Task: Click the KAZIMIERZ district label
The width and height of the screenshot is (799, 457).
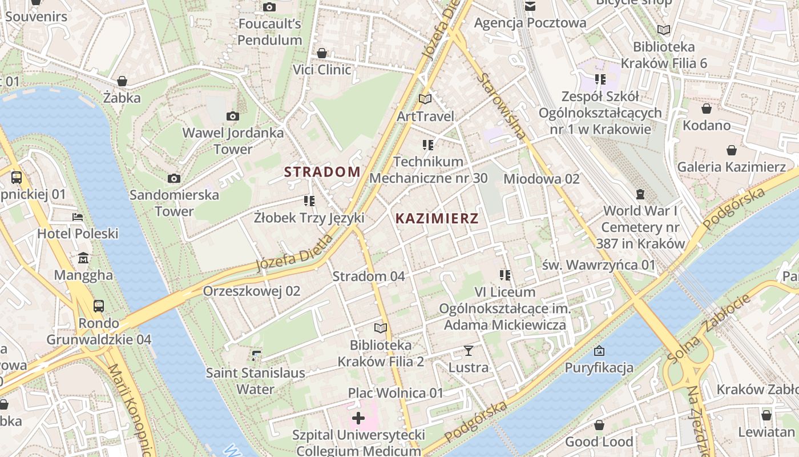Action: click(x=437, y=218)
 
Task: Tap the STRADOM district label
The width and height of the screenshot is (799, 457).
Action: click(x=322, y=171)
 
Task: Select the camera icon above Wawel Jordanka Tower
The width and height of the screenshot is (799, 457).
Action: click(x=232, y=117)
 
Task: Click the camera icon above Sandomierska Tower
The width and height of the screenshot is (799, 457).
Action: click(x=174, y=179)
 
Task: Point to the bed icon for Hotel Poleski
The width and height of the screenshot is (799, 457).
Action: click(x=78, y=217)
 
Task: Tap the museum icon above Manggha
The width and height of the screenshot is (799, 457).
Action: click(x=83, y=258)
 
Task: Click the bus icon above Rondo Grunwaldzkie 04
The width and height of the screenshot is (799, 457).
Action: click(x=99, y=306)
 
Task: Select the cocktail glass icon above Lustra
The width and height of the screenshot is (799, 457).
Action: click(x=469, y=350)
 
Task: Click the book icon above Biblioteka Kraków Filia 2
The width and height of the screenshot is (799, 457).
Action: click(x=380, y=328)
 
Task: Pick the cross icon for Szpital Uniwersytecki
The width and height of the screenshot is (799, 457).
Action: click(x=358, y=419)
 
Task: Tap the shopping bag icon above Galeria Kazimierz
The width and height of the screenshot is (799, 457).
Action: click(x=732, y=150)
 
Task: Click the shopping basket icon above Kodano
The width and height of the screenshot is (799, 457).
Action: click(x=707, y=109)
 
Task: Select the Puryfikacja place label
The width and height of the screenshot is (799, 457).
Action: click(x=599, y=367)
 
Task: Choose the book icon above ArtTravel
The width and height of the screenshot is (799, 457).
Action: click(x=425, y=99)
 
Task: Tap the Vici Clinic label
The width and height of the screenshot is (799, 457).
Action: click(x=322, y=70)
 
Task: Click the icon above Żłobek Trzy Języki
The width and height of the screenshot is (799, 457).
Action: click(x=309, y=201)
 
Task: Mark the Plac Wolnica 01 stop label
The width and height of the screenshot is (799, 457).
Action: click(x=396, y=393)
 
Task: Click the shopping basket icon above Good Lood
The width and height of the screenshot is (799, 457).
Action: click(x=599, y=425)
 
